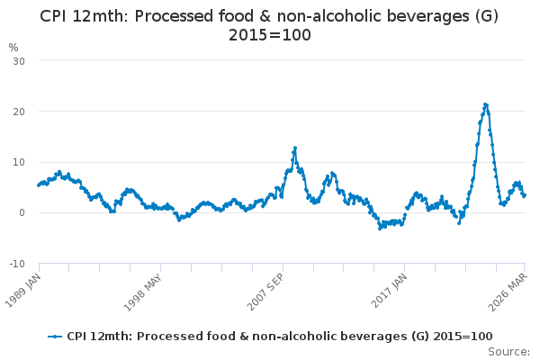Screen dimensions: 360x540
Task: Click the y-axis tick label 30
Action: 19,60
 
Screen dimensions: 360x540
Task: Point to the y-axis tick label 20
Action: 19,111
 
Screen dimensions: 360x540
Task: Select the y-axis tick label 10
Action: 19,162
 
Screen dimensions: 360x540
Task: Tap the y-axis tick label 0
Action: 22,213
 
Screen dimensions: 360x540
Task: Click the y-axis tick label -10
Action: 17,264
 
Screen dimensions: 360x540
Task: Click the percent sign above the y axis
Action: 13,47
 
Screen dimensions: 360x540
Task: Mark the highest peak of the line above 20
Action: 485,104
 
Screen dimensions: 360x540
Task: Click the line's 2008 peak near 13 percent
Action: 294,148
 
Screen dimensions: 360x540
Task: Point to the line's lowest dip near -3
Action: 380,228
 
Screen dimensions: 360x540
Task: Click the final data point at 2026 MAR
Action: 525,195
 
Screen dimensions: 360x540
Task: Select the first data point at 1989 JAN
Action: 39,185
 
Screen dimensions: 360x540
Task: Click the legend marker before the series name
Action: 56,336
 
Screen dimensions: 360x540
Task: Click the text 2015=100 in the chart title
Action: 269,34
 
